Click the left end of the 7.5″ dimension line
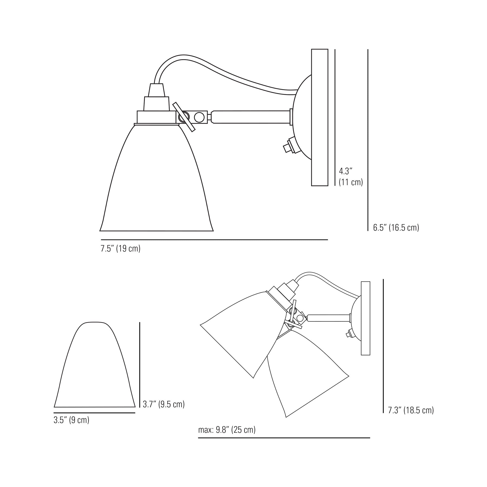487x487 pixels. (101, 240)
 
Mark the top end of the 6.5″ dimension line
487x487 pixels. (368, 50)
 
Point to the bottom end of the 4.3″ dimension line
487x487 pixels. (335, 186)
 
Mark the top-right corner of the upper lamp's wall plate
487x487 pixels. (328, 49)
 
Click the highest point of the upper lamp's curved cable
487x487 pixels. (184, 55)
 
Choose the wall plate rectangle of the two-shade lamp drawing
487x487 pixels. (365, 318)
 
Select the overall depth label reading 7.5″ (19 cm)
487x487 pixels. (121, 249)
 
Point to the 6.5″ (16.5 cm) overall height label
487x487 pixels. (396, 227)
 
